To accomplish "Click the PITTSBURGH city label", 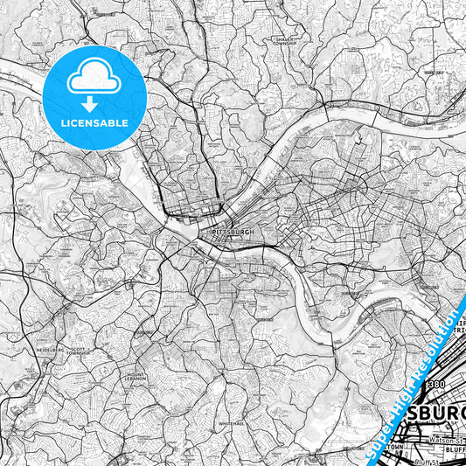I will (232, 233).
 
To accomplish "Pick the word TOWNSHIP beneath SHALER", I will (285, 45).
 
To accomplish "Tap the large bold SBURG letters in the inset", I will (432, 409).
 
